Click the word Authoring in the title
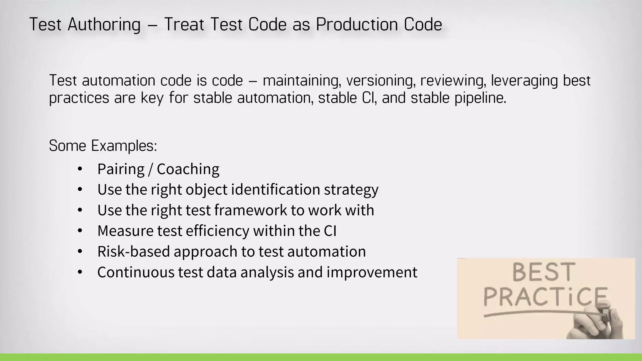click(x=104, y=25)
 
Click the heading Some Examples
click(x=103, y=146)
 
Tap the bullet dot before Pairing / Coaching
click(x=80, y=169)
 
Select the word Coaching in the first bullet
click(x=188, y=169)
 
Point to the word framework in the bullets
click(x=250, y=210)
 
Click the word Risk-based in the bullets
click(x=134, y=252)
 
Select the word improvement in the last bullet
click(x=372, y=272)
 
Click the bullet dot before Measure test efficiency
click(x=80, y=231)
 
